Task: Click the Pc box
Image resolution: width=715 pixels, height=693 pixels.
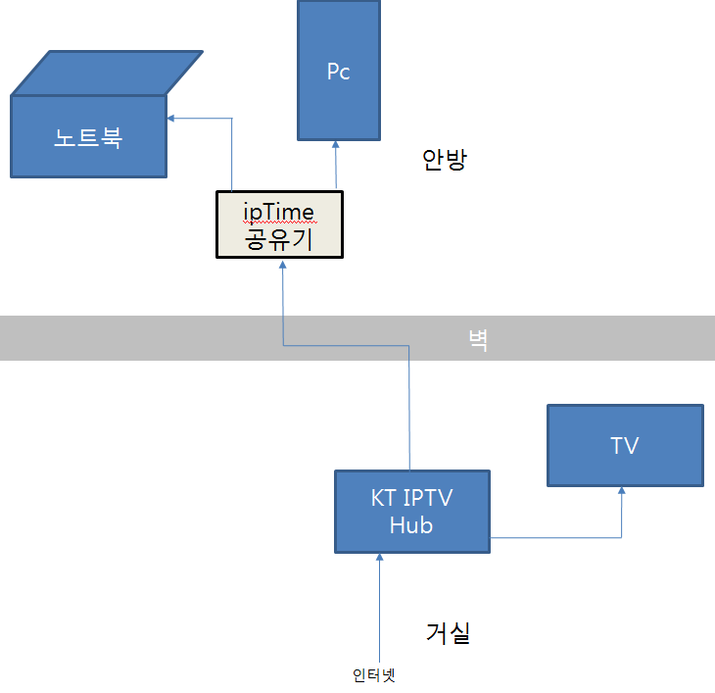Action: pyautogui.click(x=339, y=72)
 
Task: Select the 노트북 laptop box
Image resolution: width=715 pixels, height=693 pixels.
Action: pyautogui.click(x=88, y=136)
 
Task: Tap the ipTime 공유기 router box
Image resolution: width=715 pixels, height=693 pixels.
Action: pyautogui.click(x=279, y=224)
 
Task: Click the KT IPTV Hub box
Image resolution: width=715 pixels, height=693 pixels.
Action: pyautogui.click(x=411, y=511)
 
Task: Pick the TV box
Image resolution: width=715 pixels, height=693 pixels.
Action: pyautogui.click(x=624, y=446)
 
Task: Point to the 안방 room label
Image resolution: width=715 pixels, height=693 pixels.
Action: pyautogui.click(x=445, y=160)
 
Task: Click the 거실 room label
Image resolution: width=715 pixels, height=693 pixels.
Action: pyautogui.click(x=449, y=633)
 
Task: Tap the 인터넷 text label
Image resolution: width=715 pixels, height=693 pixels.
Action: pyautogui.click(x=378, y=675)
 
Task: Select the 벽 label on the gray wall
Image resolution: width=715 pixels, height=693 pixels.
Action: pyautogui.click(x=478, y=340)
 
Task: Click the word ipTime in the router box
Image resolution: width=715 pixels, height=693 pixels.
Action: pyautogui.click(x=279, y=211)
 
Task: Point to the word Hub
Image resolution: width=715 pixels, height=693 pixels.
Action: pyautogui.click(x=411, y=525)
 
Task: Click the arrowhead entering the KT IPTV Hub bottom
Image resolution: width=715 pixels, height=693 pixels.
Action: pyautogui.click(x=379, y=559)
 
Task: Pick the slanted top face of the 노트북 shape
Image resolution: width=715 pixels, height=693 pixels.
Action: pyautogui.click(x=108, y=72)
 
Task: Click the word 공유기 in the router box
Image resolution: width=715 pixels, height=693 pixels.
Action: pyautogui.click(x=279, y=238)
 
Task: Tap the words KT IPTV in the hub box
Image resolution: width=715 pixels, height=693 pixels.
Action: pyautogui.click(x=411, y=498)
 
